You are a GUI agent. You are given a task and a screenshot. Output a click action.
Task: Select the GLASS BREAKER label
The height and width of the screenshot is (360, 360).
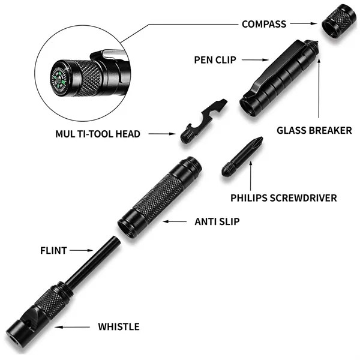point(314,130)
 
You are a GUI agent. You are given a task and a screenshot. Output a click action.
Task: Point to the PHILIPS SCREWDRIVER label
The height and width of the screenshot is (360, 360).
point(284,197)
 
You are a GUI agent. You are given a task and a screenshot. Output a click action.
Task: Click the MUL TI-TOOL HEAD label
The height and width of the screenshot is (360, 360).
point(97,134)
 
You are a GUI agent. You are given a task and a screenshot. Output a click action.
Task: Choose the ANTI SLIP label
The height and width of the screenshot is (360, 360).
point(217,221)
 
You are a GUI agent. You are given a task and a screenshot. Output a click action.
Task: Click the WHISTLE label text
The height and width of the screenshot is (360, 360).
point(119,327)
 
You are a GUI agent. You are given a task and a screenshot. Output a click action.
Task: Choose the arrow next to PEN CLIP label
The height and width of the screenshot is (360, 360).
point(253,59)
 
